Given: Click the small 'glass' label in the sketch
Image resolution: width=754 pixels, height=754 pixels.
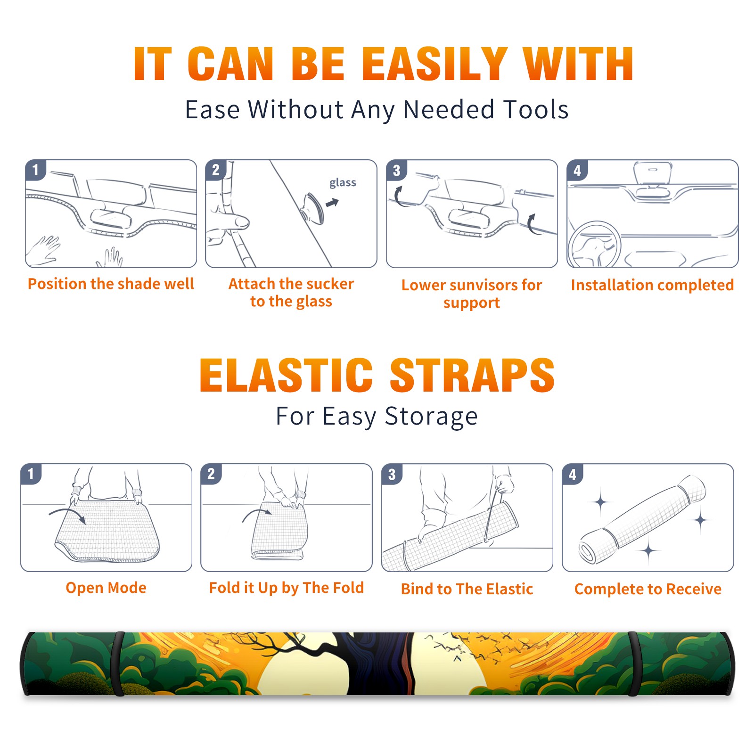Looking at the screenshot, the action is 343,183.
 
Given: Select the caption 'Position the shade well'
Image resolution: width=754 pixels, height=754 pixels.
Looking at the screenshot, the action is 111,284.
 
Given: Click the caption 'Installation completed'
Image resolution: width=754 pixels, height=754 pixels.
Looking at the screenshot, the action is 652,285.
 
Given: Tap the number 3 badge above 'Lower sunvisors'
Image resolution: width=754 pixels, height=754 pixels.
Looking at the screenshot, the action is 396,170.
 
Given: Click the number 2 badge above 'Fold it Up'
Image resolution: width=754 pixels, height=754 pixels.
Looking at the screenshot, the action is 211,474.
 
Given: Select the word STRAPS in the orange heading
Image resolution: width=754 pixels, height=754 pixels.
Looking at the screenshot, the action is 472,375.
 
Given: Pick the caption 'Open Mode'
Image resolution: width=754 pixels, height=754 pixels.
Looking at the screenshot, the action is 106,588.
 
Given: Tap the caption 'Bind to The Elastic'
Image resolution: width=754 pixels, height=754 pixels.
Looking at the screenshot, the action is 467,589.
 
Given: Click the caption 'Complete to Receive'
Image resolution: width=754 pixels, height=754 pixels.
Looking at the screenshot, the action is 648,589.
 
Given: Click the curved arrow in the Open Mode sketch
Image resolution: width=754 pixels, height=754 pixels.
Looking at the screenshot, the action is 67,512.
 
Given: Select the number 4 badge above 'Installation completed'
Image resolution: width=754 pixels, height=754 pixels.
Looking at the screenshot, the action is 577,170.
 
